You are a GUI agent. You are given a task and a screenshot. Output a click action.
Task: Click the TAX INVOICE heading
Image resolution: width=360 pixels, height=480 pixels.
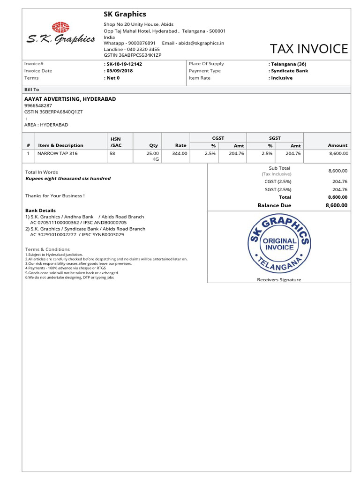(x=309, y=49)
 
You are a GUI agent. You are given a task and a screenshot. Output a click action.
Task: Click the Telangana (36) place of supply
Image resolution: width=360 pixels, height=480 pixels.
(x=287, y=64)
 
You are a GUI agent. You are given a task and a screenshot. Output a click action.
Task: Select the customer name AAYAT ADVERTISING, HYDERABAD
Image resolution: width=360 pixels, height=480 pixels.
(x=70, y=99)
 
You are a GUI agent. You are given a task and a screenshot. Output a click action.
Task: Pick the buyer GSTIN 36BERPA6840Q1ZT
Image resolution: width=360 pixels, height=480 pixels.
(x=53, y=112)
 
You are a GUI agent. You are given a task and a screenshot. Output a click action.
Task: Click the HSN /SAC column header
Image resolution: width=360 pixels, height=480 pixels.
(x=116, y=142)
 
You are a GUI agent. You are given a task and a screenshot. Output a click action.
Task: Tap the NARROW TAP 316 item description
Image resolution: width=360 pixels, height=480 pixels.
(x=58, y=153)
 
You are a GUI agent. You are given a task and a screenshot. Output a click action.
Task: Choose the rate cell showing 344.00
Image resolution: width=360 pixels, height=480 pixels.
(x=180, y=153)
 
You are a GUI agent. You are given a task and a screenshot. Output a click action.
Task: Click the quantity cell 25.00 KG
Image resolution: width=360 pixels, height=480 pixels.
(x=153, y=156)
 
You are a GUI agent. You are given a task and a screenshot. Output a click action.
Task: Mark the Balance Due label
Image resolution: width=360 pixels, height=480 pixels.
(x=274, y=205)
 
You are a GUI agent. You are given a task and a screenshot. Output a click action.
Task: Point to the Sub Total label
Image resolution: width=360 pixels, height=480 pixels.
(x=279, y=168)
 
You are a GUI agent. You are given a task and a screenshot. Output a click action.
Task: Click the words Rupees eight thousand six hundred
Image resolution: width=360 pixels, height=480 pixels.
(x=67, y=179)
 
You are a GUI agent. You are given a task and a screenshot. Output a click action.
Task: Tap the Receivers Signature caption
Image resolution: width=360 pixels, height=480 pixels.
(x=279, y=280)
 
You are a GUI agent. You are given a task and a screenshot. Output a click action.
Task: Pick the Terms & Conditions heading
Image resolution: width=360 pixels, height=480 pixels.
(x=47, y=249)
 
